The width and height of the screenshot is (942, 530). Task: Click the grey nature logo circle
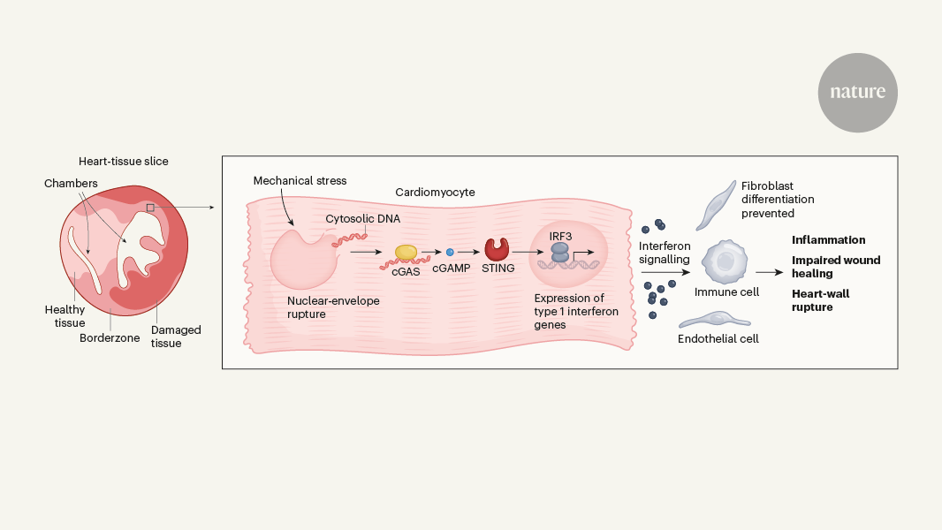857,94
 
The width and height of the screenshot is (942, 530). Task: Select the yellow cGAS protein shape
406,253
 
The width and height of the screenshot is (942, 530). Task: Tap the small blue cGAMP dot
450,253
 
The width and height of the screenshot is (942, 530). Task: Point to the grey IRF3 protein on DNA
560,252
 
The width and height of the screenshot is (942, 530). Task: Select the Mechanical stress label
300,180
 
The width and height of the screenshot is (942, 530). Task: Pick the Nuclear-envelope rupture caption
333,307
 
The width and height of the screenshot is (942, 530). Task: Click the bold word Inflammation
828,239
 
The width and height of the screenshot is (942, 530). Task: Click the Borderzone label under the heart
110,337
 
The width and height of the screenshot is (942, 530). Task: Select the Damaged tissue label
176,336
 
